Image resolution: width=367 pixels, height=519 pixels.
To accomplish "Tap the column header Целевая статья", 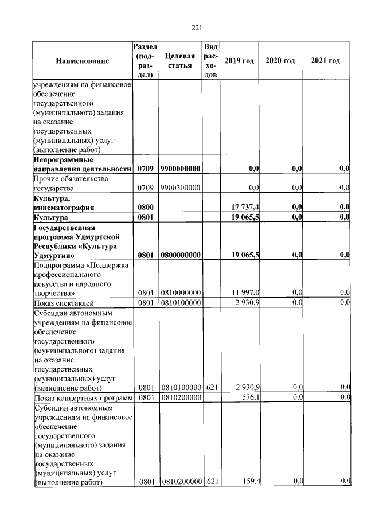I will [x=179, y=61].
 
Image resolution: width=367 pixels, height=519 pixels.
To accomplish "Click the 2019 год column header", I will [x=239, y=61].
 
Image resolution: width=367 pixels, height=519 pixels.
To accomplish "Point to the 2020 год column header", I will [x=280, y=61].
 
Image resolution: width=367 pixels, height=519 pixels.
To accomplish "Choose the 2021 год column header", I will [x=325, y=61].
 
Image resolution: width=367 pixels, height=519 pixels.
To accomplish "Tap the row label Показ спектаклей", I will [x=64, y=303].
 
